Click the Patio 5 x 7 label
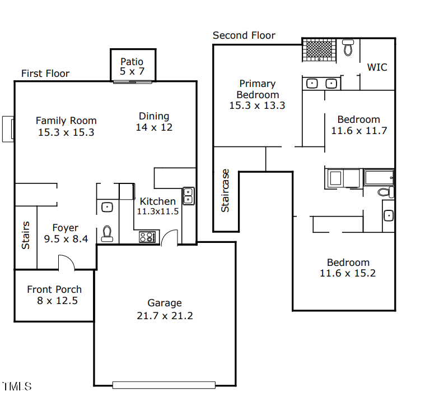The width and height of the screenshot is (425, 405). point(132,66)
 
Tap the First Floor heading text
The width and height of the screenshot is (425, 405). point(45,73)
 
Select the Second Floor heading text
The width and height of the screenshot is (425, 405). point(244,35)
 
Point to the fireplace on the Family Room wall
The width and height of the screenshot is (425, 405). point(8,128)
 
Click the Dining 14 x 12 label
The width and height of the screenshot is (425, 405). point(154,121)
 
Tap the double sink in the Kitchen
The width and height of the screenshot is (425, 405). point(189,195)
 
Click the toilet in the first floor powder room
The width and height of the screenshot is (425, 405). point(107,234)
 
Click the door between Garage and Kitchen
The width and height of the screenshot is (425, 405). point(170,238)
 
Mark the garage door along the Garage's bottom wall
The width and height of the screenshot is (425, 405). point(164,385)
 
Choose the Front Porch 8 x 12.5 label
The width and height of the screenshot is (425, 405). point(54,294)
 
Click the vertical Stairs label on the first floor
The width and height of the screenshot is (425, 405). point(26,236)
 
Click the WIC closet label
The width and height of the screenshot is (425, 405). point(377,67)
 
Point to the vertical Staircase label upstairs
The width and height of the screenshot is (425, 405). point(225,190)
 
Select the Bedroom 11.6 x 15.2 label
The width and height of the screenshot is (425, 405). point(348,268)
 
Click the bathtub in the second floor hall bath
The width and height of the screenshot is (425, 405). point(380,178)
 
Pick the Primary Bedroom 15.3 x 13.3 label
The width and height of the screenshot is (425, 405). point(257,94)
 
